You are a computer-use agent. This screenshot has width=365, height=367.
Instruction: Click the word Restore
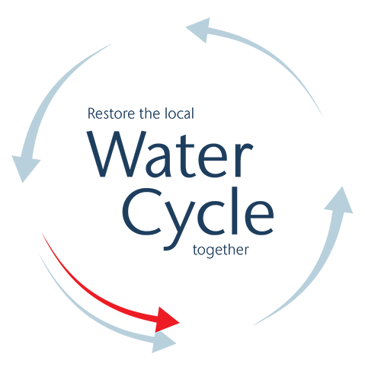(111, 113)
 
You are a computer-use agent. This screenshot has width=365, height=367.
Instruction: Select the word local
(179, 113)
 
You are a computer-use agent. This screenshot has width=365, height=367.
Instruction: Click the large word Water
(170, 155)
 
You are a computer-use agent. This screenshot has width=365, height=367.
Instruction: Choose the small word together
(221, 251)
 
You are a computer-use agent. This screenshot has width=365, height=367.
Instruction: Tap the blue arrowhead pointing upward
(340, 200)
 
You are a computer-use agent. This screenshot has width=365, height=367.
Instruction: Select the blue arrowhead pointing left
(200, 29)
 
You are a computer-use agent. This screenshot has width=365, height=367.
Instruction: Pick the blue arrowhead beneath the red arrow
(164, 343)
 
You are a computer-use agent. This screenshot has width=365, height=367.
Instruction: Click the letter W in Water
(117, 154)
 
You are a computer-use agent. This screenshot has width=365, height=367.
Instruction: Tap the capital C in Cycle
(142, 212)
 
